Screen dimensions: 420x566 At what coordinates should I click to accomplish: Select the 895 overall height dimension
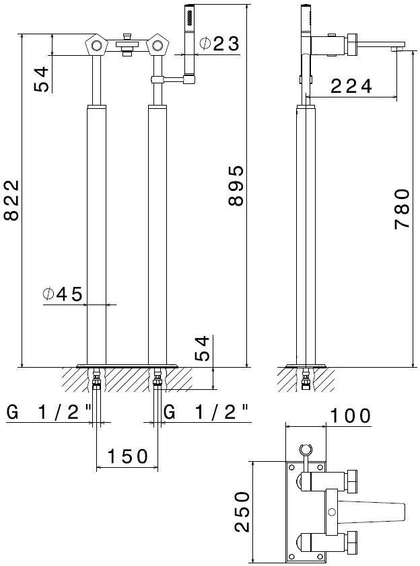point(236,186)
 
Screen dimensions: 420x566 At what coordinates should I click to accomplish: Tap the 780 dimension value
point(403,208)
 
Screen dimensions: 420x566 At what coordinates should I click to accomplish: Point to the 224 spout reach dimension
point(351,86)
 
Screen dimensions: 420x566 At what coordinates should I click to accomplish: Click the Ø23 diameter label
point(219,44)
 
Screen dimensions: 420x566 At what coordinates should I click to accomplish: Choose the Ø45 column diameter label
point(62,294)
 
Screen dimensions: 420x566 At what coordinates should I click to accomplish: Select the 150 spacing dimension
point(128,456)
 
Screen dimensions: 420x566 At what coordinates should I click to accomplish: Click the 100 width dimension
point(351,415)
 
